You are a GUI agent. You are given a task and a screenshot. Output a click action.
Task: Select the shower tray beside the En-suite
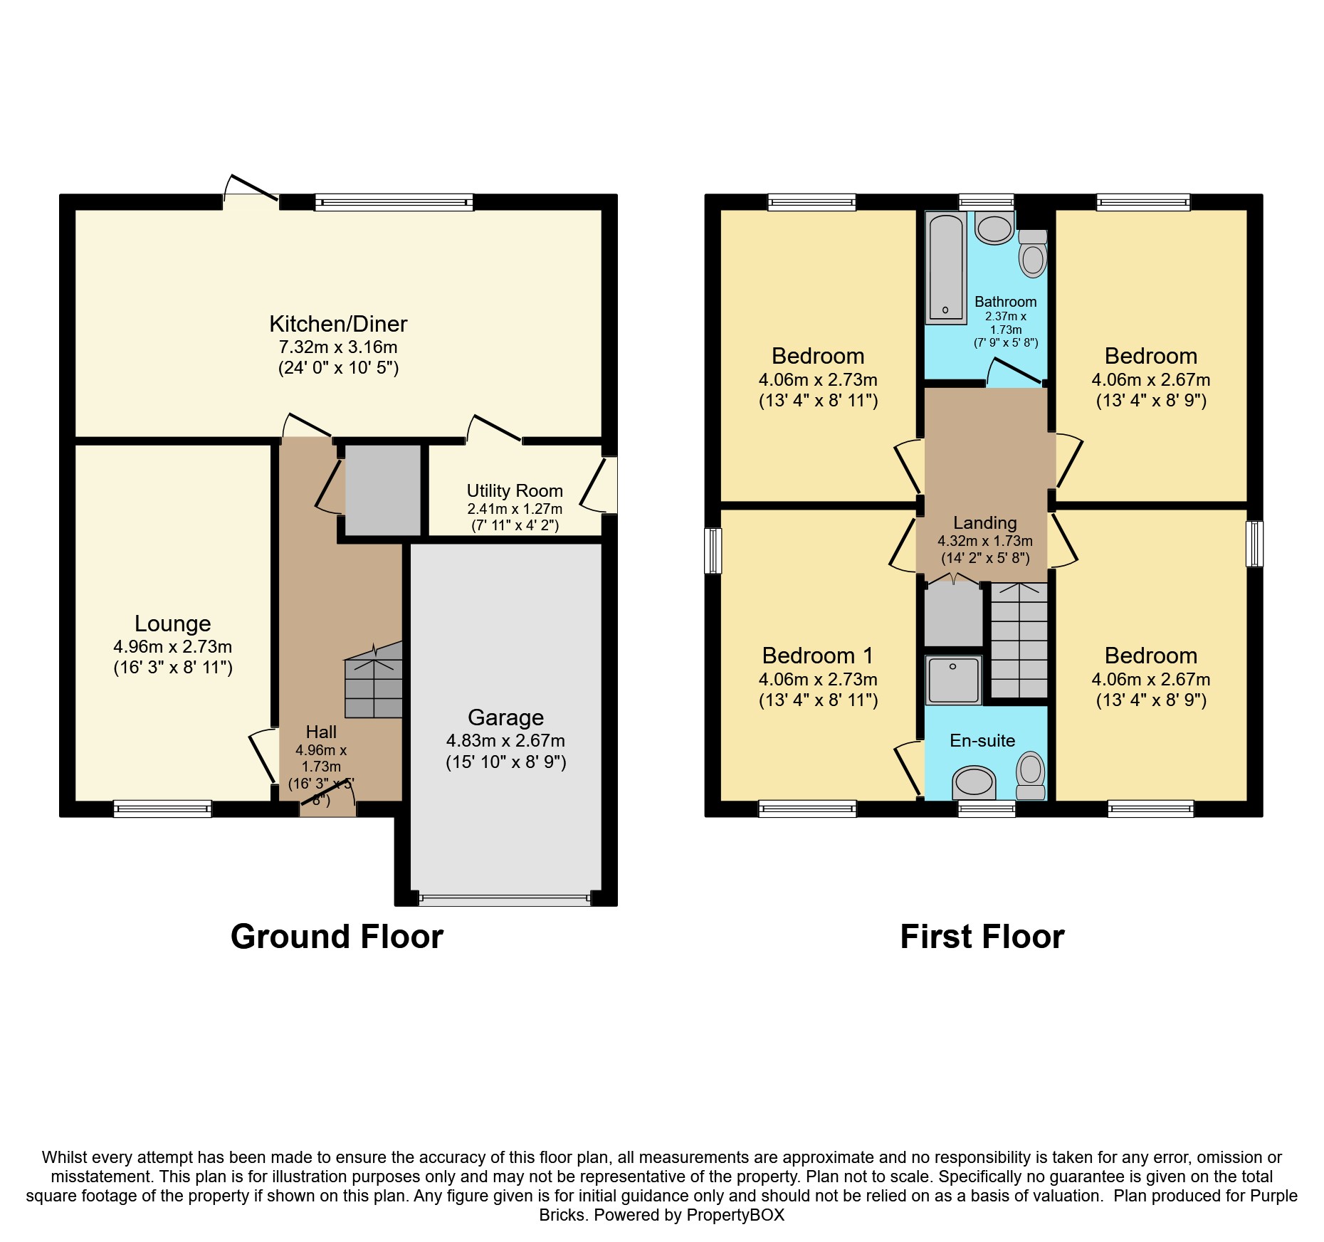(x=953, y=680)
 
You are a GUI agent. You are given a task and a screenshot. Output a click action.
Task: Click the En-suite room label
(x=982, y=741)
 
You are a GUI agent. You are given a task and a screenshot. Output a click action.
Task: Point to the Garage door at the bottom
(x=505, y=899)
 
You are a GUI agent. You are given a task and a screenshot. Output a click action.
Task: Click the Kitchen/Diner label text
(x=338, y=325)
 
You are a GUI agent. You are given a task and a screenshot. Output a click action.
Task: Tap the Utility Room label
(x=515, y=491)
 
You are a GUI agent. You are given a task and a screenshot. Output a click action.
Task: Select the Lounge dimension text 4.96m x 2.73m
(x=173, y=647)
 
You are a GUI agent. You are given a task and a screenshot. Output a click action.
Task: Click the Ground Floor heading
(x=337, y=937)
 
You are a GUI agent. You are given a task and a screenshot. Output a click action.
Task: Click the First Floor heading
(x=982, y=937)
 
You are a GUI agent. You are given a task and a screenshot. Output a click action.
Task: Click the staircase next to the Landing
(x=1019, y=641)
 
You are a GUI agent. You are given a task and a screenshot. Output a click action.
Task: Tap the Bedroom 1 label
(x=817, y=656)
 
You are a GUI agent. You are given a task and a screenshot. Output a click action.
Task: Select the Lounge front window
(x=163, y=809)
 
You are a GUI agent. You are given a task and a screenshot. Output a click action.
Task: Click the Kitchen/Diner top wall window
(x=394, y=202)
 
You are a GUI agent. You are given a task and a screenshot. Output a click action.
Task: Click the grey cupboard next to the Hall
(x=383, y=490)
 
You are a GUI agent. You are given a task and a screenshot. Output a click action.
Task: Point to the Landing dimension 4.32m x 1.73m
(x=985, y=541)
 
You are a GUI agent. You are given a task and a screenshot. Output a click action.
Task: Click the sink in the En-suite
(x=973, y=781)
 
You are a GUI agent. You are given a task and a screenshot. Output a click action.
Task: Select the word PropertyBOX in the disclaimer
(x=735, y=1215)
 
